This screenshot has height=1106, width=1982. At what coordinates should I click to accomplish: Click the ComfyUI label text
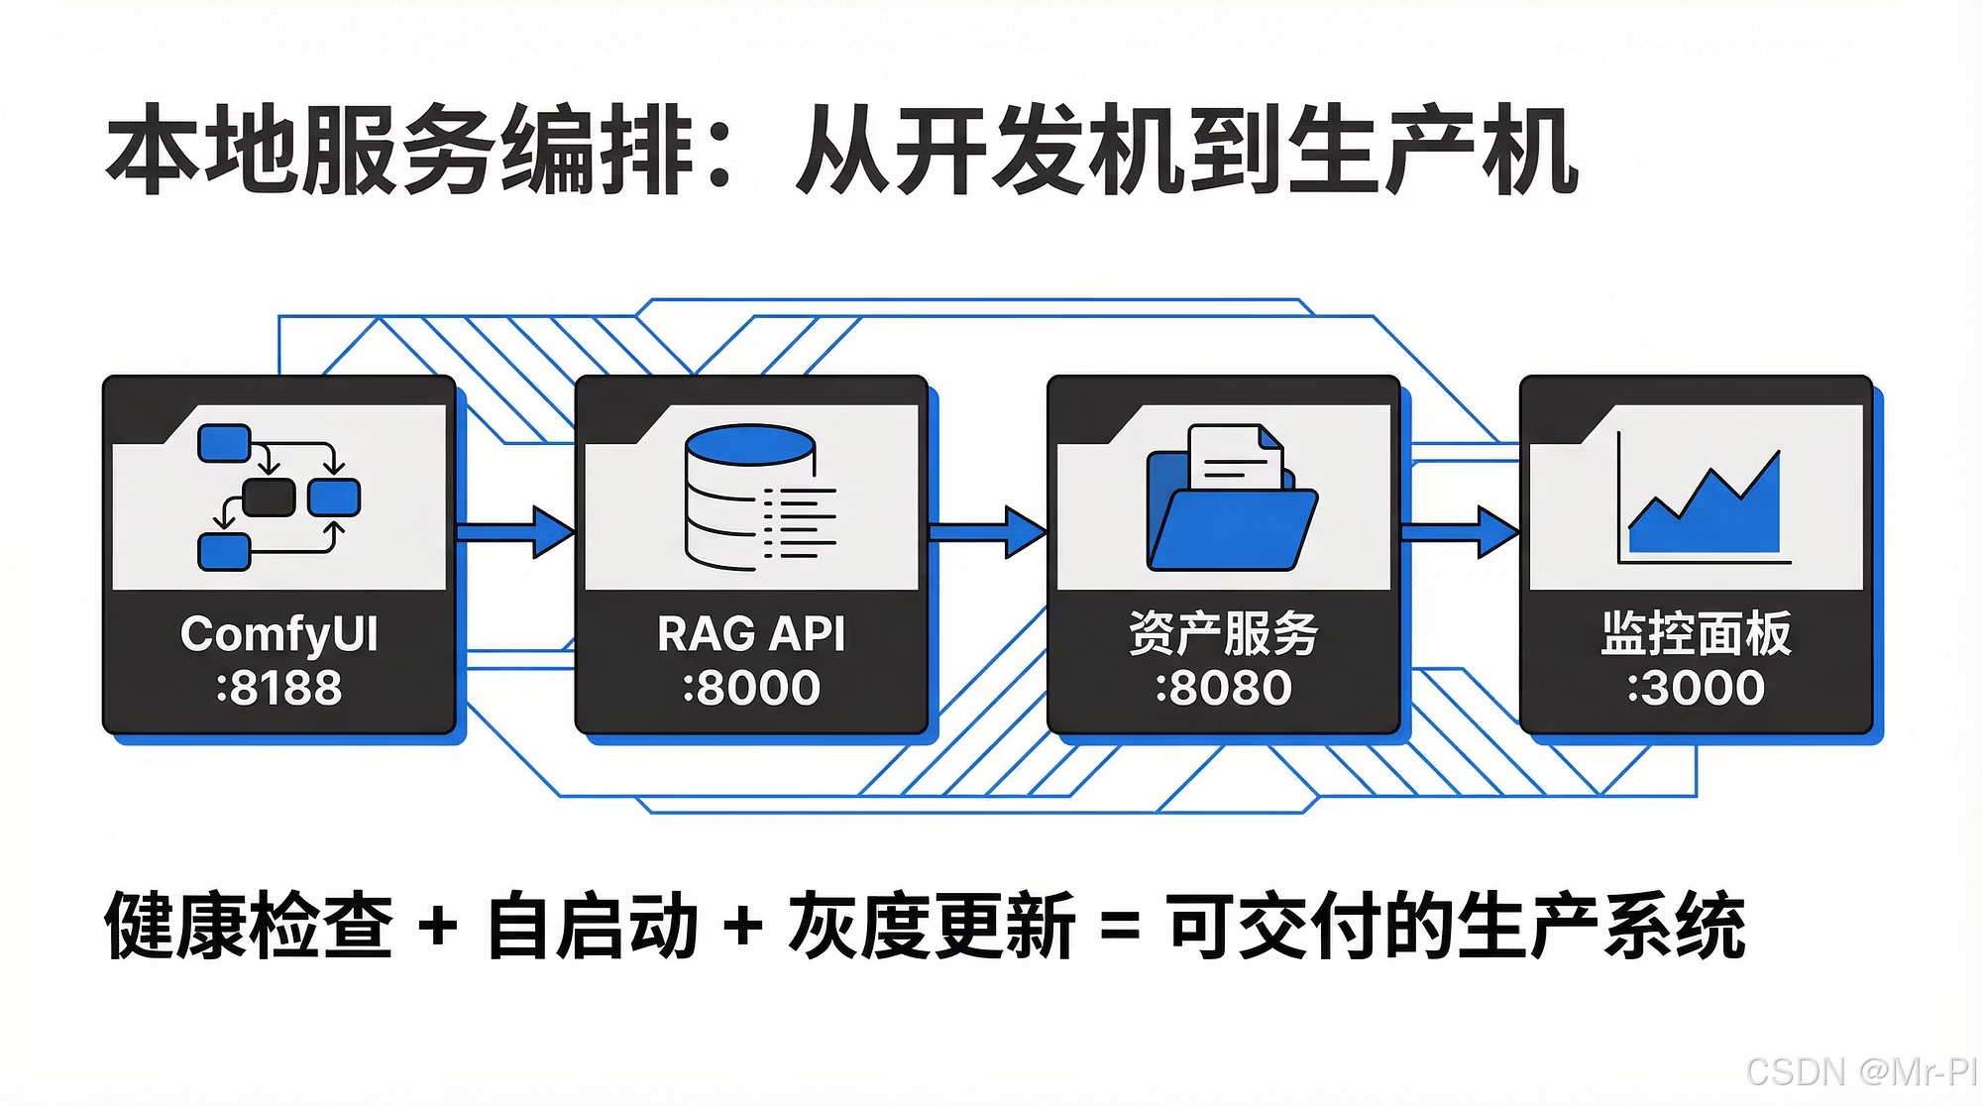[278, 634]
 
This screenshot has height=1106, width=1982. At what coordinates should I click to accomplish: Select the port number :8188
[278, 688]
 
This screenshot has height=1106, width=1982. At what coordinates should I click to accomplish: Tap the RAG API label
[751, 634]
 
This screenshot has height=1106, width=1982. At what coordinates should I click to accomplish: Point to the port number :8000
[751, 688]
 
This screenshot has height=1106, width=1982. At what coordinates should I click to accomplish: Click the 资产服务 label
[1223, 634]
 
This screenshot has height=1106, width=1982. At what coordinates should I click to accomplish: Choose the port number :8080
[1223, 688]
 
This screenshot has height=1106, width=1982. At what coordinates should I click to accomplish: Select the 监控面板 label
[1696, 634]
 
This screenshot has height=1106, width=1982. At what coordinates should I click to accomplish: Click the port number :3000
[1696, 688]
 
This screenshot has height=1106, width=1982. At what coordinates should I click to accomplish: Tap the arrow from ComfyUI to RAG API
[515, 532]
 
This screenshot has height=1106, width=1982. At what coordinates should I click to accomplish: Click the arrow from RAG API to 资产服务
[987, 532]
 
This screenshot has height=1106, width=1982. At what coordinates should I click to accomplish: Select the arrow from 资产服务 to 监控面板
[1460, 532]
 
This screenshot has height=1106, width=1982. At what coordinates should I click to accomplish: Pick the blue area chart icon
[1705, 510]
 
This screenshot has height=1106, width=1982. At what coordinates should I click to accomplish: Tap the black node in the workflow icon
[269, 498]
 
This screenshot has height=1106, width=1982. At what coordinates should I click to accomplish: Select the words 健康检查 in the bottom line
[249, 926]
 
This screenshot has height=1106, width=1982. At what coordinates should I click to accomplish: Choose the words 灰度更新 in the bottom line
[932, 926]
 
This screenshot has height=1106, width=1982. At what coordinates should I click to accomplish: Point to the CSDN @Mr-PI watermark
[1860, 1071]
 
